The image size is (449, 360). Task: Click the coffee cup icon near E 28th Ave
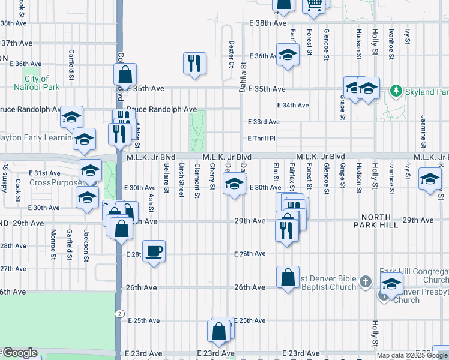[154, 251]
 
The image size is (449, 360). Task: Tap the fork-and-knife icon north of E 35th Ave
[194, 64]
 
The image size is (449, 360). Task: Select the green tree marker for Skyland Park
[396, 91]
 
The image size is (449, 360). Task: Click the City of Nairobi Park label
[37, 83]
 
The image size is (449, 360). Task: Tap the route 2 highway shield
[119, 313]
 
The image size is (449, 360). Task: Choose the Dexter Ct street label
[231, 55]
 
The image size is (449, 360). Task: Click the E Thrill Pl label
[261, 139]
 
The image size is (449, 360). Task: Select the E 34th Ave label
[293, 105]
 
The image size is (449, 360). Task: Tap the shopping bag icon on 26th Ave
[288, 277]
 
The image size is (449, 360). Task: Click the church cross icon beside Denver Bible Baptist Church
[366, 280]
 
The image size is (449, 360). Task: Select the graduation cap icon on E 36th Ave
[288, 56]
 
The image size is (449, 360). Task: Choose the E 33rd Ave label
[264, 122]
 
